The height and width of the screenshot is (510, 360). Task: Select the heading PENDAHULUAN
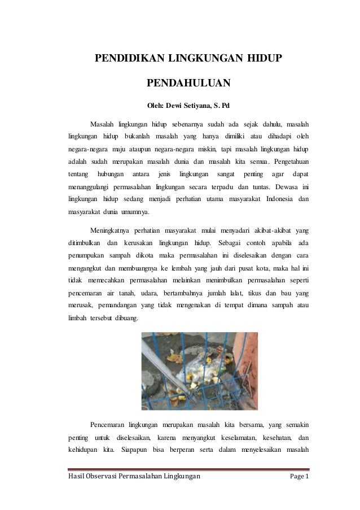(x=188, y=84)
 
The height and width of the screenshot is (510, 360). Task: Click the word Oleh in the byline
(x=156, y=105)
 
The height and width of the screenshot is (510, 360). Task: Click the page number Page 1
(x=299, y=477)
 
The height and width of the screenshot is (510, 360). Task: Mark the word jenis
(x=165, y=173)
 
